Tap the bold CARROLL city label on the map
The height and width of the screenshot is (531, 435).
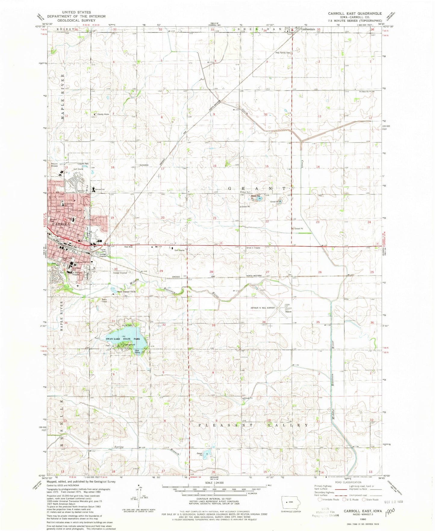pos(61,224)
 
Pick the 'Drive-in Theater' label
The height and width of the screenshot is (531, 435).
pos(253,248)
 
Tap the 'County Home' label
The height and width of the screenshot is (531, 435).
pos(103,114)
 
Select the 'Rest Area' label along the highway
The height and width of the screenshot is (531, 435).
pos(129,247)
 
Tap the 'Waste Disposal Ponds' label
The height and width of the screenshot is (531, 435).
pos(126,292)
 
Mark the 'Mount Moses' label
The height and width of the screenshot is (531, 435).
pos(54,165)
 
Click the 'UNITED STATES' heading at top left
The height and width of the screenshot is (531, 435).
pos(76,12)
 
